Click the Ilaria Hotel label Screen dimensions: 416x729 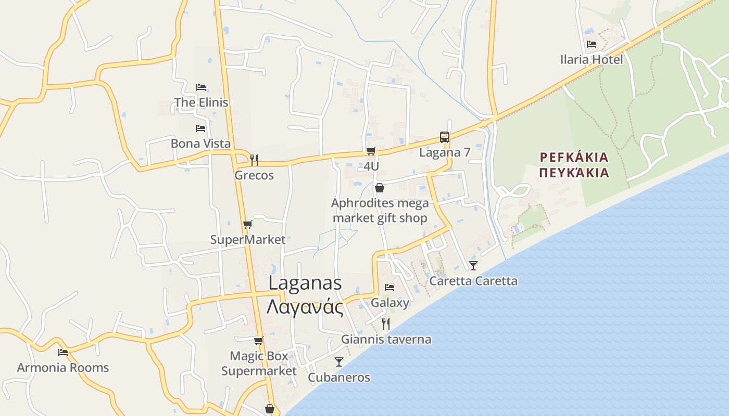click(x=591, y=60)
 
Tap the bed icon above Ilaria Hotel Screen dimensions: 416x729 click(x=591, y=44)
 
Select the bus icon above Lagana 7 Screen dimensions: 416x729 click(x=444, y=137)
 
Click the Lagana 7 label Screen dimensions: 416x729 click(x=444, y=152)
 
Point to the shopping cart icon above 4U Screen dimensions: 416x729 click(x=371, y=151)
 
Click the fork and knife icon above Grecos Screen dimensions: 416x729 click(x=254, y=160)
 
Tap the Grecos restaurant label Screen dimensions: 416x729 click(x=254, y=175)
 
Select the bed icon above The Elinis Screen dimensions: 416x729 click(x=201, y=87)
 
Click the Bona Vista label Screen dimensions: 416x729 click(x=200, y=144)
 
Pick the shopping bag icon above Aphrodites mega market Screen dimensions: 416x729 click(x=380, y=188)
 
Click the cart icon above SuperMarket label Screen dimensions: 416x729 click(x=247, y=225)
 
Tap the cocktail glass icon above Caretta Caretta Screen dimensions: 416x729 click(x=473, y=266)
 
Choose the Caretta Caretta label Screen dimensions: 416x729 click(x=473, y=281)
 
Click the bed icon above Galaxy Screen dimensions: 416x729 click(x=389, y=288)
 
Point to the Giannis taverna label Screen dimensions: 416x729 click(x=386, y=340)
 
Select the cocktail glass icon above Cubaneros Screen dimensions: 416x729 click(x=339, y=362)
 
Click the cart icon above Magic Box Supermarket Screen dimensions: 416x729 click(x=258, y=341)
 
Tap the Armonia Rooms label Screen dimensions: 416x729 click(x=63, y=368)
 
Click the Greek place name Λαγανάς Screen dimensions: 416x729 click(x=305, y=307)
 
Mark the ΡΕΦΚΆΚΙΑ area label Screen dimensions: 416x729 click(x=574, y=157)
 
